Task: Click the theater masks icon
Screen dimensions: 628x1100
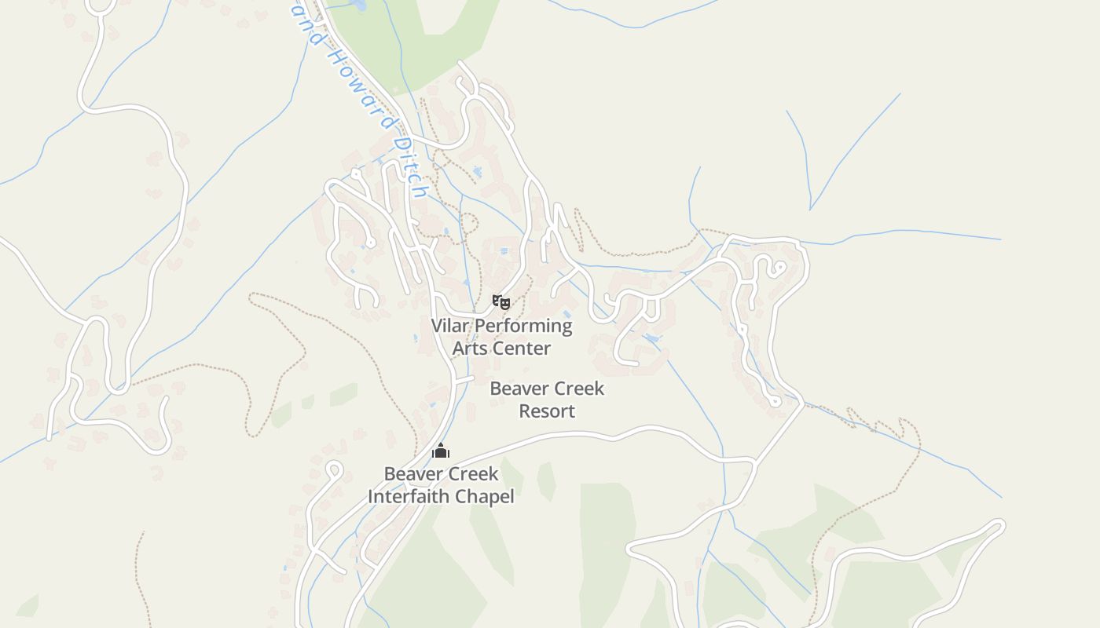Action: pos(500,301)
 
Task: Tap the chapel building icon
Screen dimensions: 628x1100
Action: pos(441,451)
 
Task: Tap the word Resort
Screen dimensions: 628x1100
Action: pos(547,411)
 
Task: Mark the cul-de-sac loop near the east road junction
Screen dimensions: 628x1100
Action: pos(775,401)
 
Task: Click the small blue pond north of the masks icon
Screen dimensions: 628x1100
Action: pos(503,250)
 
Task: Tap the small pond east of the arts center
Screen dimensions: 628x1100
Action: pos(651,338)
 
